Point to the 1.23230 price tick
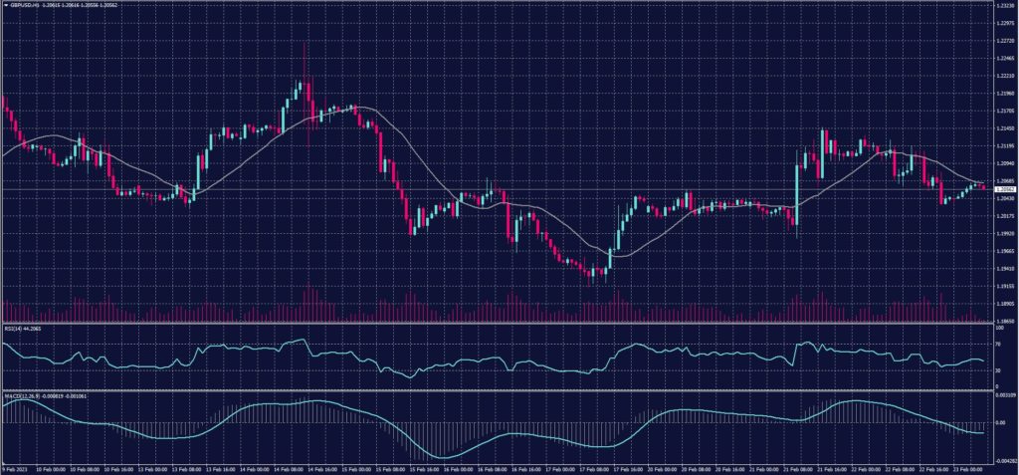1003,5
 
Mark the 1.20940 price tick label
1003,162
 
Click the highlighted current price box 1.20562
1003,188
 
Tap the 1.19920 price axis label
1003,234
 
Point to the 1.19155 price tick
1003,287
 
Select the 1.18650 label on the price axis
1003,321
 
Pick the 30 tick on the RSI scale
997,370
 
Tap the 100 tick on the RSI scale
998,327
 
